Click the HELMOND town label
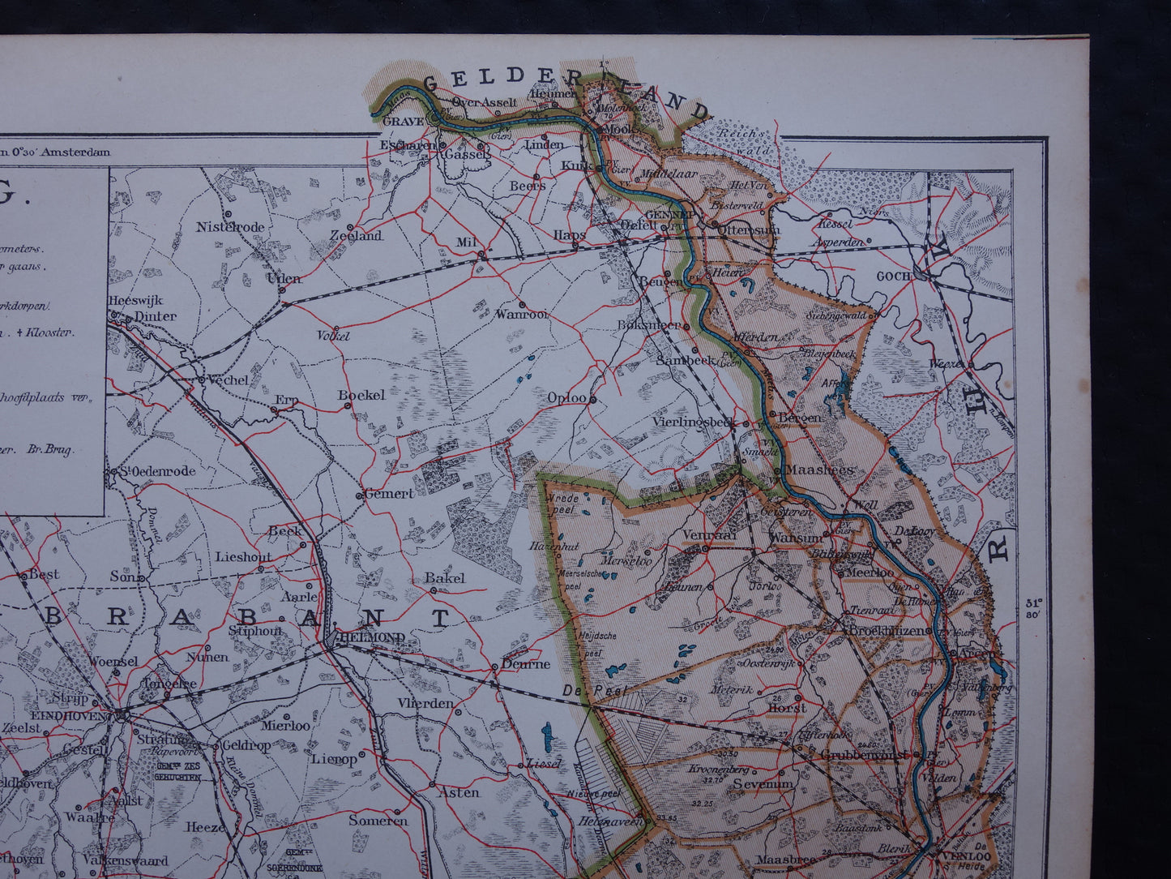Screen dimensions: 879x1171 374,637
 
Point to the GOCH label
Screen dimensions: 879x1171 895,276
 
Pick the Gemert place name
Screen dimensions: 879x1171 389,493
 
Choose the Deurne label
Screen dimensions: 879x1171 525,663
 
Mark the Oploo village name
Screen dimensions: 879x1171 566,398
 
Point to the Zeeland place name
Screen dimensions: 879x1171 356,236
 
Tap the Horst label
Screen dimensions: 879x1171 786,708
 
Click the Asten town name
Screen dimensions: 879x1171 458,792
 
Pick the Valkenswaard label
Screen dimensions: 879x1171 128,860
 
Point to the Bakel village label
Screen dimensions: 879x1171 445,577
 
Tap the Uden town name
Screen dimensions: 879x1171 284,278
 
